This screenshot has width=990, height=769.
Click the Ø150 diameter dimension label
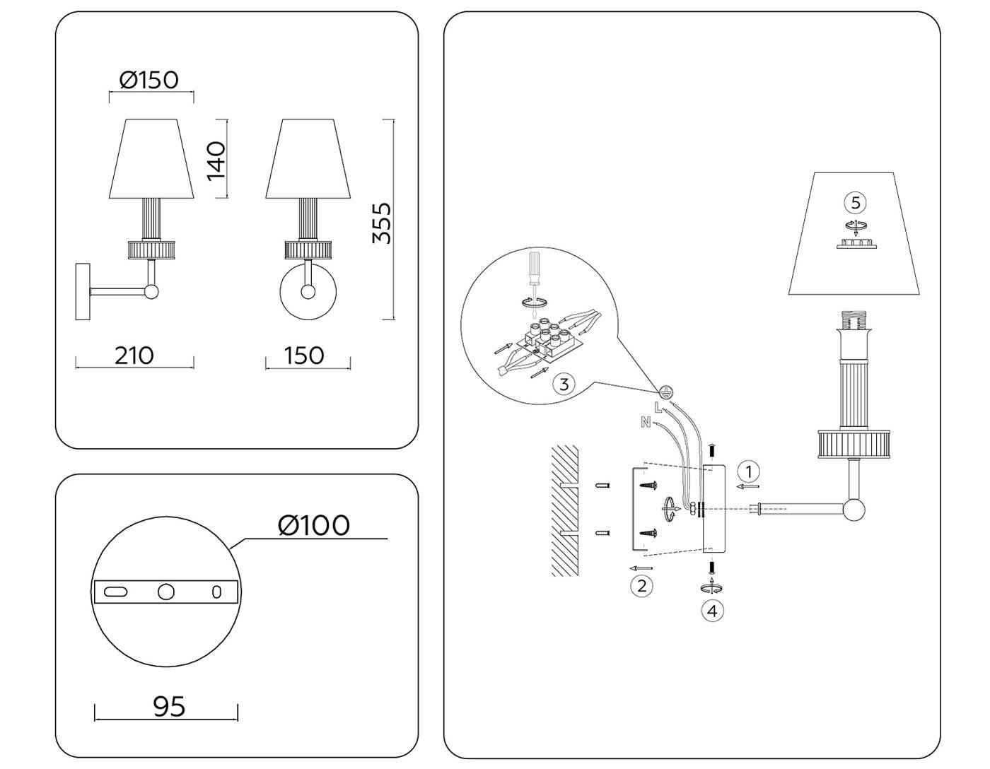148,80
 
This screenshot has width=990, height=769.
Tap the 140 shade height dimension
216,160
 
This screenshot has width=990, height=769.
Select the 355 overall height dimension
381,223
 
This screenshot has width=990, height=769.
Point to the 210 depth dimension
134,355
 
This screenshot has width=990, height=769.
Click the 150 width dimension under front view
304,355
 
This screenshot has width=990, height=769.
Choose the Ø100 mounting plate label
313,525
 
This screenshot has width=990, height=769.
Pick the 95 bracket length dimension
169,706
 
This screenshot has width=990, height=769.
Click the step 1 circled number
748,471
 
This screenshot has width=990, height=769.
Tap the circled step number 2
641,585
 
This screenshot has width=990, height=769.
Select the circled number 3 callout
564,384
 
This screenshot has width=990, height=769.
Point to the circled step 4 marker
712,610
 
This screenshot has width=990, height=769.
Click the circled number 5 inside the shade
855,203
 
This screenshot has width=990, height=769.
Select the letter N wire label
644,422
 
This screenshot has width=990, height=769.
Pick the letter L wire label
658,407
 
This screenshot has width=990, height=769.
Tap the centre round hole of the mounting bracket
165,592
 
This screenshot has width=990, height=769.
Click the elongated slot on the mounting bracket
115,592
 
